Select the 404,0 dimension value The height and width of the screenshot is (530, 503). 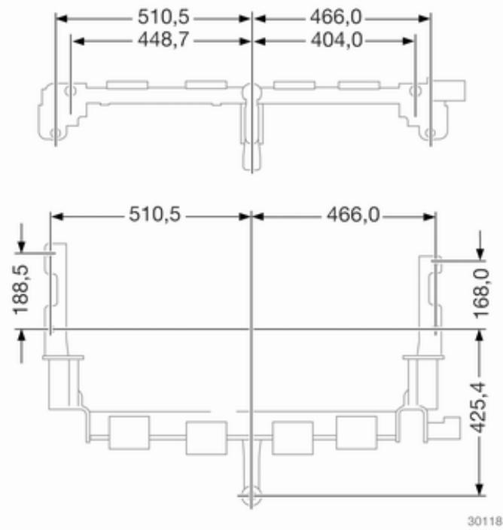[337, 41]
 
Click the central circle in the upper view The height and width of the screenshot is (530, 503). [251, 93]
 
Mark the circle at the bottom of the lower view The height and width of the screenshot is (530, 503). [250, 495]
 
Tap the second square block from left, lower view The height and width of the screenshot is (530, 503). [206, 437]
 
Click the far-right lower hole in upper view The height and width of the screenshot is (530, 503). [430, 134]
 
